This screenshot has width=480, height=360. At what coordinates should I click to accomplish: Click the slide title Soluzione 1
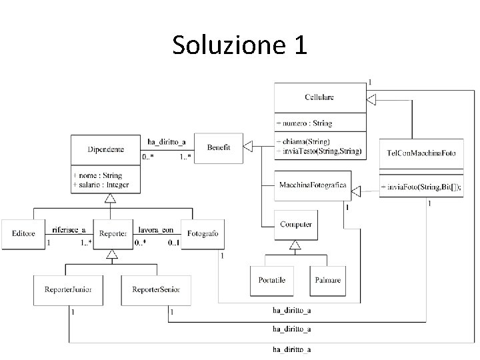pyautogui.click(x=239, y=45)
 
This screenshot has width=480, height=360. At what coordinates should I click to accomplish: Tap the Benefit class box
pyautogui.click(x=218, y=147)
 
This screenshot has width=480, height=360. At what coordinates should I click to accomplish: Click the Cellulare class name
pyautogui.click(x=319, y=97)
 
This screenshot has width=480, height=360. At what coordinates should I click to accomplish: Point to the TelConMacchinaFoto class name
pyautogui.click(x=421, y=153)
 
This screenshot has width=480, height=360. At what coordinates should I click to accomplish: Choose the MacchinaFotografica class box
pyautogui.click(x=312, y=185)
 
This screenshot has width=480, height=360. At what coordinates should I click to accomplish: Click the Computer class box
pyautogui.click(x=295, y=225)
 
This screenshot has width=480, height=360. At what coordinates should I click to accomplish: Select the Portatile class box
pyautogui.click(x=271, y=281)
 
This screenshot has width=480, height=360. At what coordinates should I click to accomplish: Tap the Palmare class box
pyautogui.click(x=328, y=281)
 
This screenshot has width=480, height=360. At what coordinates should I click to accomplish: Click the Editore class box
pyautogui.click(x=23, y=233)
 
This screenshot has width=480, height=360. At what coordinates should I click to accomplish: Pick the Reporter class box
pyautogui.click(x=112, y=233)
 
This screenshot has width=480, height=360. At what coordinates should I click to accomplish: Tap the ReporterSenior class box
pyautogui.click(x=156, y=290)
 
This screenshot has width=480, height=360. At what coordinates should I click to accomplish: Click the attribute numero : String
pyautogui.click(x=305, y=123)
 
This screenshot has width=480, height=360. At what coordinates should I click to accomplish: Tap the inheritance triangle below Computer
pyautogui.click(x=295, y=245)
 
